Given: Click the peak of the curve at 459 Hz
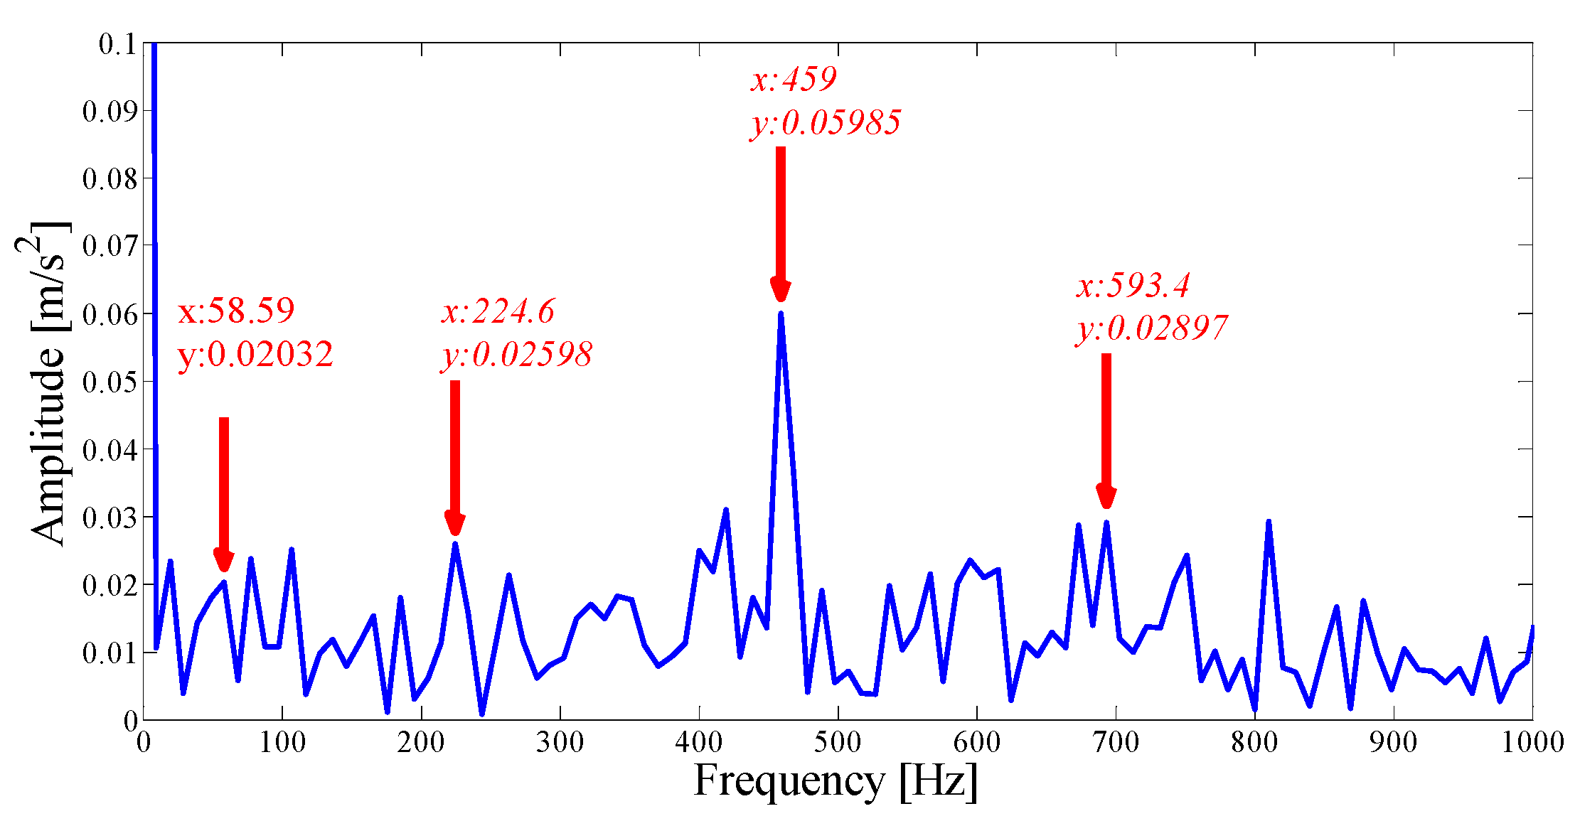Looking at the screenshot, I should point(781,313).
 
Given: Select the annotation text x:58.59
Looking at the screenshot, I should point(236,311).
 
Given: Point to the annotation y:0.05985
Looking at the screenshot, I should point(826,123).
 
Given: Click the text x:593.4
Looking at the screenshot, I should point(1133,286).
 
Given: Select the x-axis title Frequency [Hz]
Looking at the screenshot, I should point(836,780).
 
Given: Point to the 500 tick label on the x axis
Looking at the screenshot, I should point(838,743).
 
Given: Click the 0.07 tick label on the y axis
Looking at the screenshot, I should point(109,246).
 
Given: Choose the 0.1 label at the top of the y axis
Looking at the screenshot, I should point(117,45).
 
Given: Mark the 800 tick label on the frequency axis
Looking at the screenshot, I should point(1254,743).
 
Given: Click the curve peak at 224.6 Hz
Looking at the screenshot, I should point(455,544).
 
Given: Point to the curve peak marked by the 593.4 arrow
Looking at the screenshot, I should point(1106,522).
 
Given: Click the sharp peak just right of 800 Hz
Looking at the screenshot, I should point(1269,522).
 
